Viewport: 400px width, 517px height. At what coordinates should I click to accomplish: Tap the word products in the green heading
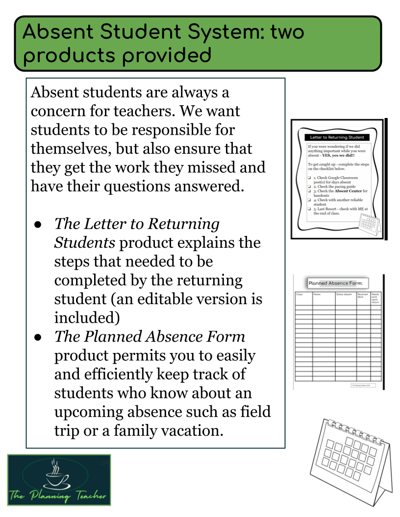(x=67, y=56)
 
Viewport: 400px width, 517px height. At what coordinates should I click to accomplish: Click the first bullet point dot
(x=38, y=224)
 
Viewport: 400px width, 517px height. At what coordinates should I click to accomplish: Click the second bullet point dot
(x=38, y=337)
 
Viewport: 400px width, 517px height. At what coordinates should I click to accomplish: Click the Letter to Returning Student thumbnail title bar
(x=336, y=138)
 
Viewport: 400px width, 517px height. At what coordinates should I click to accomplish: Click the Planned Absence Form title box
(x=337, y=282)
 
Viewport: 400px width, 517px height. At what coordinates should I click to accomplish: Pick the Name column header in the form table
(x=317, y=294)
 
